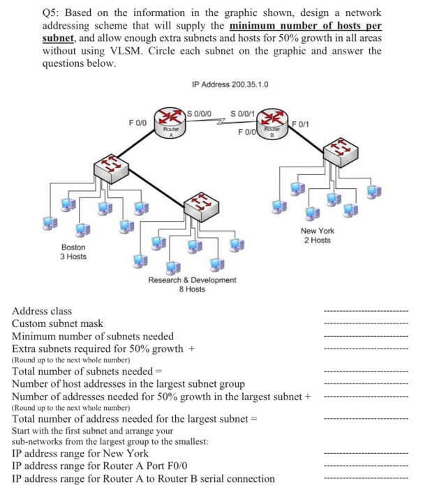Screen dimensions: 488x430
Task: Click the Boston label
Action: click(74, 247)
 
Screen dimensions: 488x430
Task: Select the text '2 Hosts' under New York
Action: click(318, 241)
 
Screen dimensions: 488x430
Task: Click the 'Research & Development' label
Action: click(192, 280)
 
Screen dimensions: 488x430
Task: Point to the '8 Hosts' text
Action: click(192, 289)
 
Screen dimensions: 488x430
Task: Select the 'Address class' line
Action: click(42, 311)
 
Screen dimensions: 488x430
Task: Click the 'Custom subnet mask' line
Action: click(57, 323)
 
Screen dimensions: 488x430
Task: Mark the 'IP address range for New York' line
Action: click(80, 452)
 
